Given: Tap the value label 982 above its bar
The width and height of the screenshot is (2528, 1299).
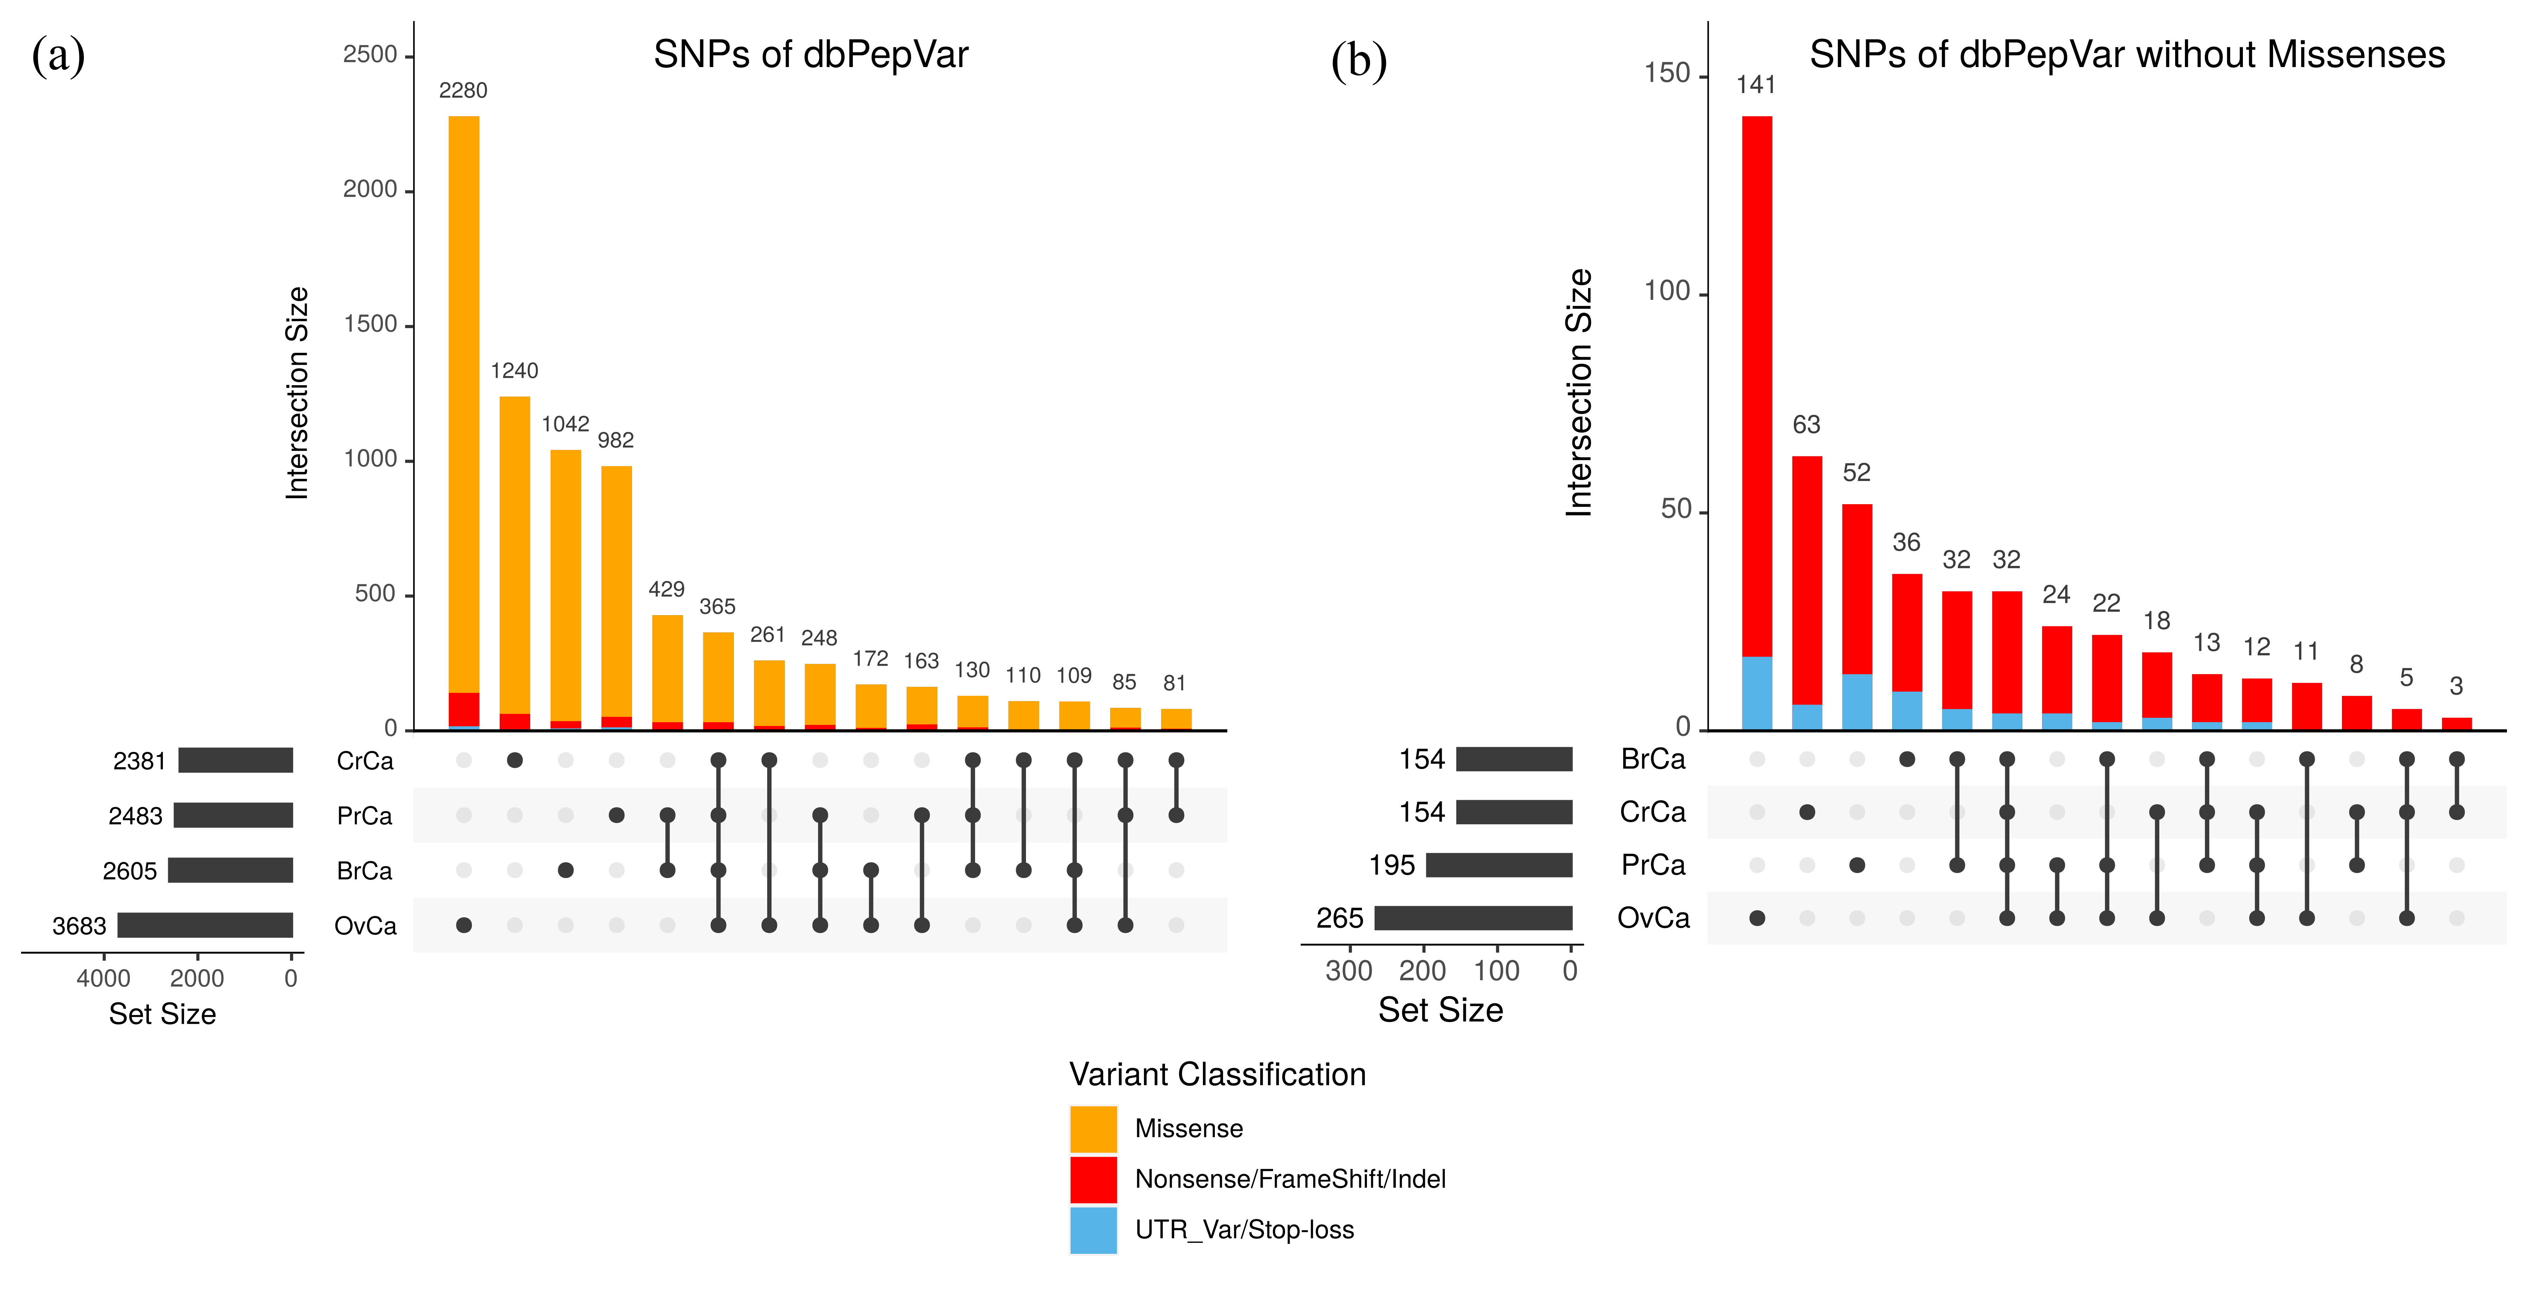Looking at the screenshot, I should click(615, 441).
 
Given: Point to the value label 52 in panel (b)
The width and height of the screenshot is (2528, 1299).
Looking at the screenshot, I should click(1856, 473).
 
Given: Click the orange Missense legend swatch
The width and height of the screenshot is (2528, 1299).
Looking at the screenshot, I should click(1092, 1128).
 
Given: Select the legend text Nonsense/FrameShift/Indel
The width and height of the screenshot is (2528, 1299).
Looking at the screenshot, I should click(1290, 1179).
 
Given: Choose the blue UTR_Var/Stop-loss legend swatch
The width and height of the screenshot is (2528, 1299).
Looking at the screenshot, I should click(1092, 1230).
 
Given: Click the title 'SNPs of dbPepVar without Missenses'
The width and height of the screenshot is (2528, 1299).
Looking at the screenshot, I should click(2127, 55).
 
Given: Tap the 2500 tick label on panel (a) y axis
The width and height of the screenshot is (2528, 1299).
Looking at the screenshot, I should click(370, 55).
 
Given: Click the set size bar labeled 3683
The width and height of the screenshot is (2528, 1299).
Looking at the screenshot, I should click(205, 925).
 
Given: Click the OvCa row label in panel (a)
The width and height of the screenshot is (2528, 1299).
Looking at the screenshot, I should click(365, 926).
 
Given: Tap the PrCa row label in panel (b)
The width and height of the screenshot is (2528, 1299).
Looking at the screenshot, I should click(1653, 865).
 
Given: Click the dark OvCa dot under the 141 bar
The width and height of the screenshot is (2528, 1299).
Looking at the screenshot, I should click(1757, 918).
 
